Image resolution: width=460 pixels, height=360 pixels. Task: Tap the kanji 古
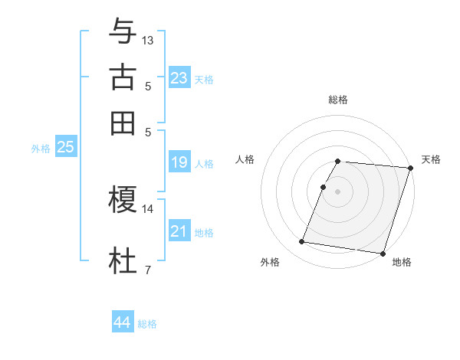click(x=123, y=77)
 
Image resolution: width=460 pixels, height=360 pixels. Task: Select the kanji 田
click(x=123, y=123)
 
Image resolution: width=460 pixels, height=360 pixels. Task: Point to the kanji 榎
click(x=123, y=200)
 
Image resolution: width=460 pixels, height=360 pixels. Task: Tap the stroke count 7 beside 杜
click(x=148, y=270)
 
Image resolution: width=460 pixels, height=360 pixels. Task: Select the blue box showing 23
click(x=179, y=78)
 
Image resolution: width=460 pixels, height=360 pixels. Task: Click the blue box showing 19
click(x=179, y=162)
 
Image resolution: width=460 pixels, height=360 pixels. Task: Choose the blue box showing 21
click(x=179, y=231)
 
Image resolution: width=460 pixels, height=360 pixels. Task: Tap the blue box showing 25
click(x=65, y=148)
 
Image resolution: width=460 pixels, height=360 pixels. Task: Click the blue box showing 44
click(x=123, y=322)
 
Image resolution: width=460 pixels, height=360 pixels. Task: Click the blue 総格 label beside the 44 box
click(x=147, y=324)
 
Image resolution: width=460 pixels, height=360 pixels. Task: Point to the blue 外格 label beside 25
click(x=41, y=149)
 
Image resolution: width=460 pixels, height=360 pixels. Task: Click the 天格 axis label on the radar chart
click(x=431, y=159)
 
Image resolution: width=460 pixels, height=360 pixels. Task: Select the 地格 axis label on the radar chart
click(x=402, y=263)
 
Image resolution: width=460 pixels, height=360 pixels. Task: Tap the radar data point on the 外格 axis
click(x=301, y=242)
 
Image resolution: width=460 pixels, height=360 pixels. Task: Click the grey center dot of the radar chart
click(x=337, y=191)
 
